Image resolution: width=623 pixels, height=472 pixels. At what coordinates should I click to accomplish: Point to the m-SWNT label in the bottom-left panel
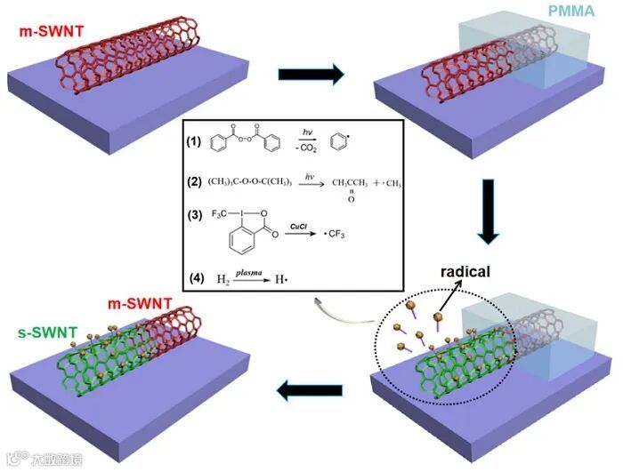[142, 305]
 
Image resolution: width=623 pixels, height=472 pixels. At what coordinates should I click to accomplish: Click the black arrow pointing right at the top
[311, 75]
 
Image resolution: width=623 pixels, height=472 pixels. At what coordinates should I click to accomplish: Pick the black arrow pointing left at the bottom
[312, 388]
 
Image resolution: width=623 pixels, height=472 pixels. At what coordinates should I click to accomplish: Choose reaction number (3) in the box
[194, 214]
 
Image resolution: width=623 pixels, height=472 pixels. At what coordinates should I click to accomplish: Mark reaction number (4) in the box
[194, 278]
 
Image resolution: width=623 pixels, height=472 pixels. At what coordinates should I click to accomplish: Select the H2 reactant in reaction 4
[223, 279]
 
